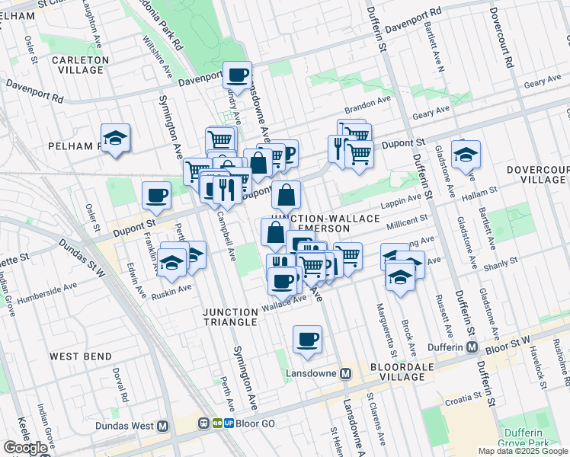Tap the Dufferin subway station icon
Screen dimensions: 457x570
pyautogui.click(x=472, y=347)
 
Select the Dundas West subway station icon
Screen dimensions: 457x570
pyautogui.click(x=162, y=427)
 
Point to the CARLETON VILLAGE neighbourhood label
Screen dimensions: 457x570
pyautogui.click(x=80, y=65)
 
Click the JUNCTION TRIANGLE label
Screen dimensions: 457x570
pyautogui.click(x=229, y=317)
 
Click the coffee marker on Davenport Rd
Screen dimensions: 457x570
pyautogui.click(x=237, y=75)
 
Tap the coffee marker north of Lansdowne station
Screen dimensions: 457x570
pyautogui.click(x=307, y=339)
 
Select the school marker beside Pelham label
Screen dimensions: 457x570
pyautogui.click(x=115, y=138)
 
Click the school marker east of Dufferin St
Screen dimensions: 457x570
pyautogui.click(x=465, y=155)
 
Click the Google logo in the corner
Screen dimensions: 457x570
pyautogui.click(x=26, y=448)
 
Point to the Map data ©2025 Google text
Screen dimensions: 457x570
pyautogui.click(x=522, y=451)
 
